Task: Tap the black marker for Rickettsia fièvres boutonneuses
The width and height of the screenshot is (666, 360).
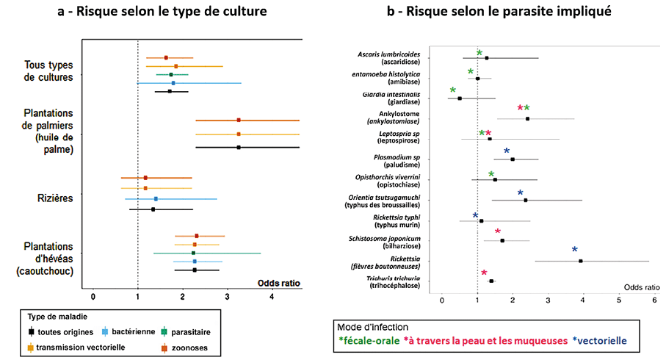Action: [581, 261]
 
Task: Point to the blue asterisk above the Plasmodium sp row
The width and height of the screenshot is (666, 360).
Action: [507, 152]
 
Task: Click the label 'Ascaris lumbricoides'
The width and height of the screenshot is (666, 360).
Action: [389, 54]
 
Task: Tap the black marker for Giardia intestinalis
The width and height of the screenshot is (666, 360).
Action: [460, 98]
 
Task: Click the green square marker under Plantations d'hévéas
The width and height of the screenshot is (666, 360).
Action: [194, 253]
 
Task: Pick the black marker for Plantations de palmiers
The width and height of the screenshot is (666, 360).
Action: [239, 148]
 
